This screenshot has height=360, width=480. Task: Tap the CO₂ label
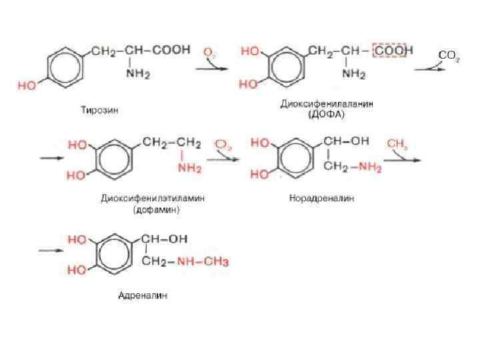(447, 55)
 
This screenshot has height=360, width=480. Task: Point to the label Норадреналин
(322, 198)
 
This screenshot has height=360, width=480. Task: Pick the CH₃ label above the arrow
(397, 143)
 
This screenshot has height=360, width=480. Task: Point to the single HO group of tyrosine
(27, 86)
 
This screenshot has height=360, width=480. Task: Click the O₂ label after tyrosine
(209, 51)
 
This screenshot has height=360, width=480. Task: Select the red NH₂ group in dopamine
(190, 169)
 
